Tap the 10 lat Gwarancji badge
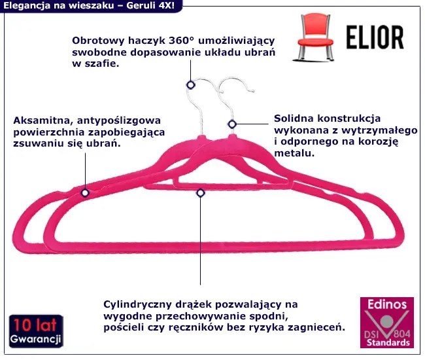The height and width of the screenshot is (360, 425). pyautogui.click(x=35, y=333)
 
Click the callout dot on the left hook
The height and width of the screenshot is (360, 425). pyautogui.click(x=190, y=84)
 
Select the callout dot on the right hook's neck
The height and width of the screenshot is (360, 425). pyautogui.click(x=231, y=124)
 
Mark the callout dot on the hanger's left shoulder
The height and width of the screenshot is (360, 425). pyautogui.click(x=85, y=192)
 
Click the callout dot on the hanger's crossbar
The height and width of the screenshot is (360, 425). pyautogui.click(x=200, y=192)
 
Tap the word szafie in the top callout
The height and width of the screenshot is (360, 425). pyautogui.click(x=100, y=65)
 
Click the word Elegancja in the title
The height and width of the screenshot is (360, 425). pyautogui.click(x=27, y=6)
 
